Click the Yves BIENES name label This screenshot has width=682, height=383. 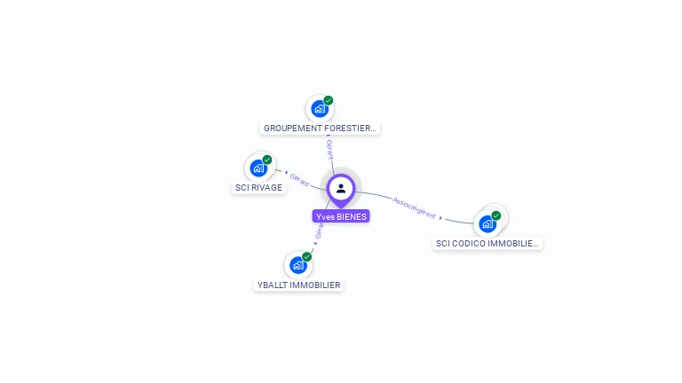341,216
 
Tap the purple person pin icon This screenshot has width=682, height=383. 341,188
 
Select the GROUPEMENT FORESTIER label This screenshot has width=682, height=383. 321,129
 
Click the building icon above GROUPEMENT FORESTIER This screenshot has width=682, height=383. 319,109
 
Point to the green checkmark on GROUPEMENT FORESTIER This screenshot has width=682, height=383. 329,100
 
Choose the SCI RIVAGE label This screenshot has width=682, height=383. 258,188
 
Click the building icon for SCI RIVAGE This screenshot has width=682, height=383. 258,168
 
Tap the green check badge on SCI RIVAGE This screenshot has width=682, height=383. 267,160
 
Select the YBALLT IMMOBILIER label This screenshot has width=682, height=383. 298,285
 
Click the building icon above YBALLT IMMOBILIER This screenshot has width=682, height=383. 297,265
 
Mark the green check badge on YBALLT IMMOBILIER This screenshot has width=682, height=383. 307,256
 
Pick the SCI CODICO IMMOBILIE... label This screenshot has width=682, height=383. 488,243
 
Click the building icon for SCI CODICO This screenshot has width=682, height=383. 487,224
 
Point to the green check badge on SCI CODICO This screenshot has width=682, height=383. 496,215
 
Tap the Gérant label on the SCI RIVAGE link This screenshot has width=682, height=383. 299,179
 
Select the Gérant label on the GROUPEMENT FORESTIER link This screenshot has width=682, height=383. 329,150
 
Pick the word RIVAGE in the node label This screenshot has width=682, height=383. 266,188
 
